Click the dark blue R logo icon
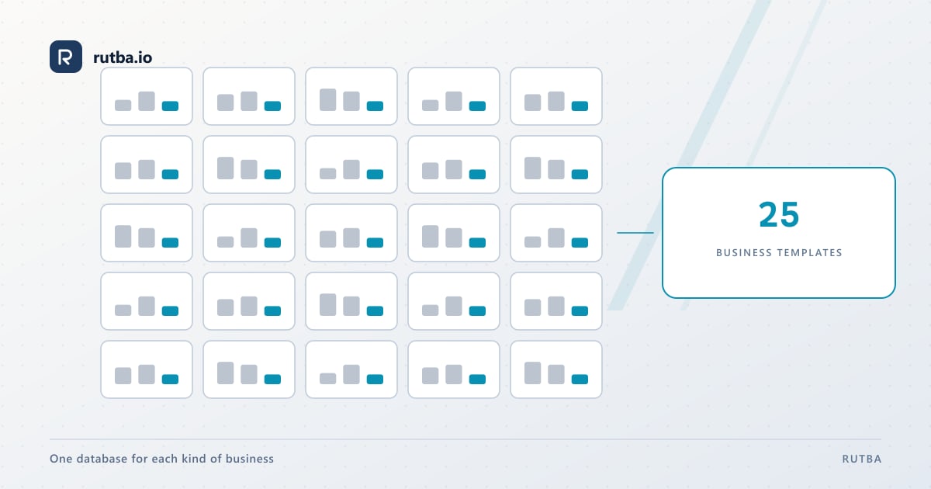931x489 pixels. tap(66, 57)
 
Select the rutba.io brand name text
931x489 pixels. tap(123, 57)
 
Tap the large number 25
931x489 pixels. tap(778, 214)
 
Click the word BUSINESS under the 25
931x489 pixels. tap(743, 252)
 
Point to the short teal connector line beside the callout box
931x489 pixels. tap(635, 232)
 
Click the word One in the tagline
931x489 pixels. tap(61, 459)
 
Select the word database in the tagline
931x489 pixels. tap(102, 459)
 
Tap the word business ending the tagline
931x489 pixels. tap(249, 459)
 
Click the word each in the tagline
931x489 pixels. tap(164, 459)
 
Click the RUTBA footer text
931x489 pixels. tap(862, 459)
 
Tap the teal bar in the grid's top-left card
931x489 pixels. tap(170, 106)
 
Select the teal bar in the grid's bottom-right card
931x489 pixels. tap(580, 380)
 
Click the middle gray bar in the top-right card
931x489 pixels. tap(556, 101)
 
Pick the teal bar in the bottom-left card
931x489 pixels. tap(170, 380)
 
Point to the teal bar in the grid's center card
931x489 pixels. tap(375, 243)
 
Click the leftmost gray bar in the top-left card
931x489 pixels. tap(123, 106)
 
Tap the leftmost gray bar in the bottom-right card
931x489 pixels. tap(533, 373)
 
